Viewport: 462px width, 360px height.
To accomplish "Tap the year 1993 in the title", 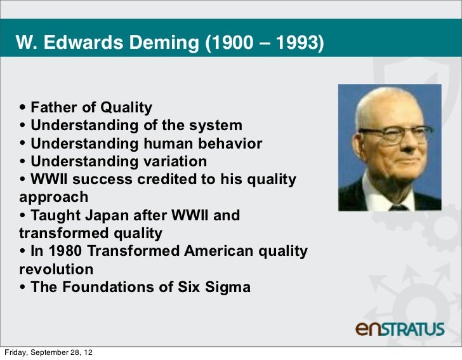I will tap(298, 43).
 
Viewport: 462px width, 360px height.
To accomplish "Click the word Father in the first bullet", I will tap(55, 107).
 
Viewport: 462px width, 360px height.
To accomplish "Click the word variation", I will tap(171, 162).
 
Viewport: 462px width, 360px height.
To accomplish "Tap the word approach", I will tap(54, 197).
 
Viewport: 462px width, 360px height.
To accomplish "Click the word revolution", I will tap(56, 269).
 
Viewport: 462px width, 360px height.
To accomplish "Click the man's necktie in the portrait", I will tap(398, 206).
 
